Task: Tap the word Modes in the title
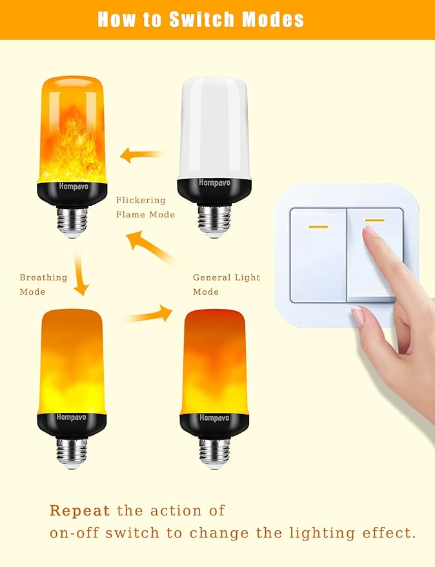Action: point(273,19)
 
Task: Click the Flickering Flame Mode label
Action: point(145,207)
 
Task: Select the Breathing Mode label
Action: point(43,284)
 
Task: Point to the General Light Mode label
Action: point(227,284)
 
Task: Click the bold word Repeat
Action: point(80,511)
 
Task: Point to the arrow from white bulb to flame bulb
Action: point(142,155)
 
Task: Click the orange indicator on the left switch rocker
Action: point(318,226)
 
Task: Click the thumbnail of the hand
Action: point(358,316)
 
